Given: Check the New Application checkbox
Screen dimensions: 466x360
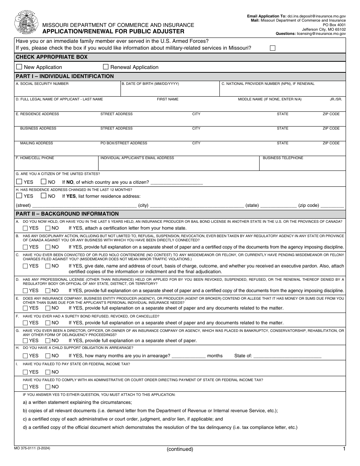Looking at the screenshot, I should [x=19, y=67].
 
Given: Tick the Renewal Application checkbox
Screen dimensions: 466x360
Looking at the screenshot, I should [x=106, y=67].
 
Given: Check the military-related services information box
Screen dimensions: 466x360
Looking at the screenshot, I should [x=272, y=48].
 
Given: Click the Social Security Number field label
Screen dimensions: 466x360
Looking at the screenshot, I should [x=42, y=84].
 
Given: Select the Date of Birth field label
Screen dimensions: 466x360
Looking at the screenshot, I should [x=150, y=84].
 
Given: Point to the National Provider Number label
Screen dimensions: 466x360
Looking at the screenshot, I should [x=268, y=84].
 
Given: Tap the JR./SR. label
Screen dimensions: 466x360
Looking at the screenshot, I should [x=336, y=99].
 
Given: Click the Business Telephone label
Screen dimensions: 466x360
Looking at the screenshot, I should [x=283, y=158].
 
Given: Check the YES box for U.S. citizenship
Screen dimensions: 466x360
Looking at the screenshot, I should [x=19, y=181].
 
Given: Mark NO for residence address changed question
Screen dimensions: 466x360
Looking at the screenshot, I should [x=44, y=196].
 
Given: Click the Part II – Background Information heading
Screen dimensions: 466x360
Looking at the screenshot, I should [x=67, y=214].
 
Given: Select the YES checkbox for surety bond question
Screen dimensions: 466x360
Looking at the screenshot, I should [x=25, y=323].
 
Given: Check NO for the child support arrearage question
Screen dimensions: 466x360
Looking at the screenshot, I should [x=48, y=356].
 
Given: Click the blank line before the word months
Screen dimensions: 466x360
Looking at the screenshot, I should [x=189, y=356].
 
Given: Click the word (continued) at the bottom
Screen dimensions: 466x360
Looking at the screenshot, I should [x=180, y=449].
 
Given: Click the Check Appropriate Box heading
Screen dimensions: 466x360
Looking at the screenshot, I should [x=52, y=57].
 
